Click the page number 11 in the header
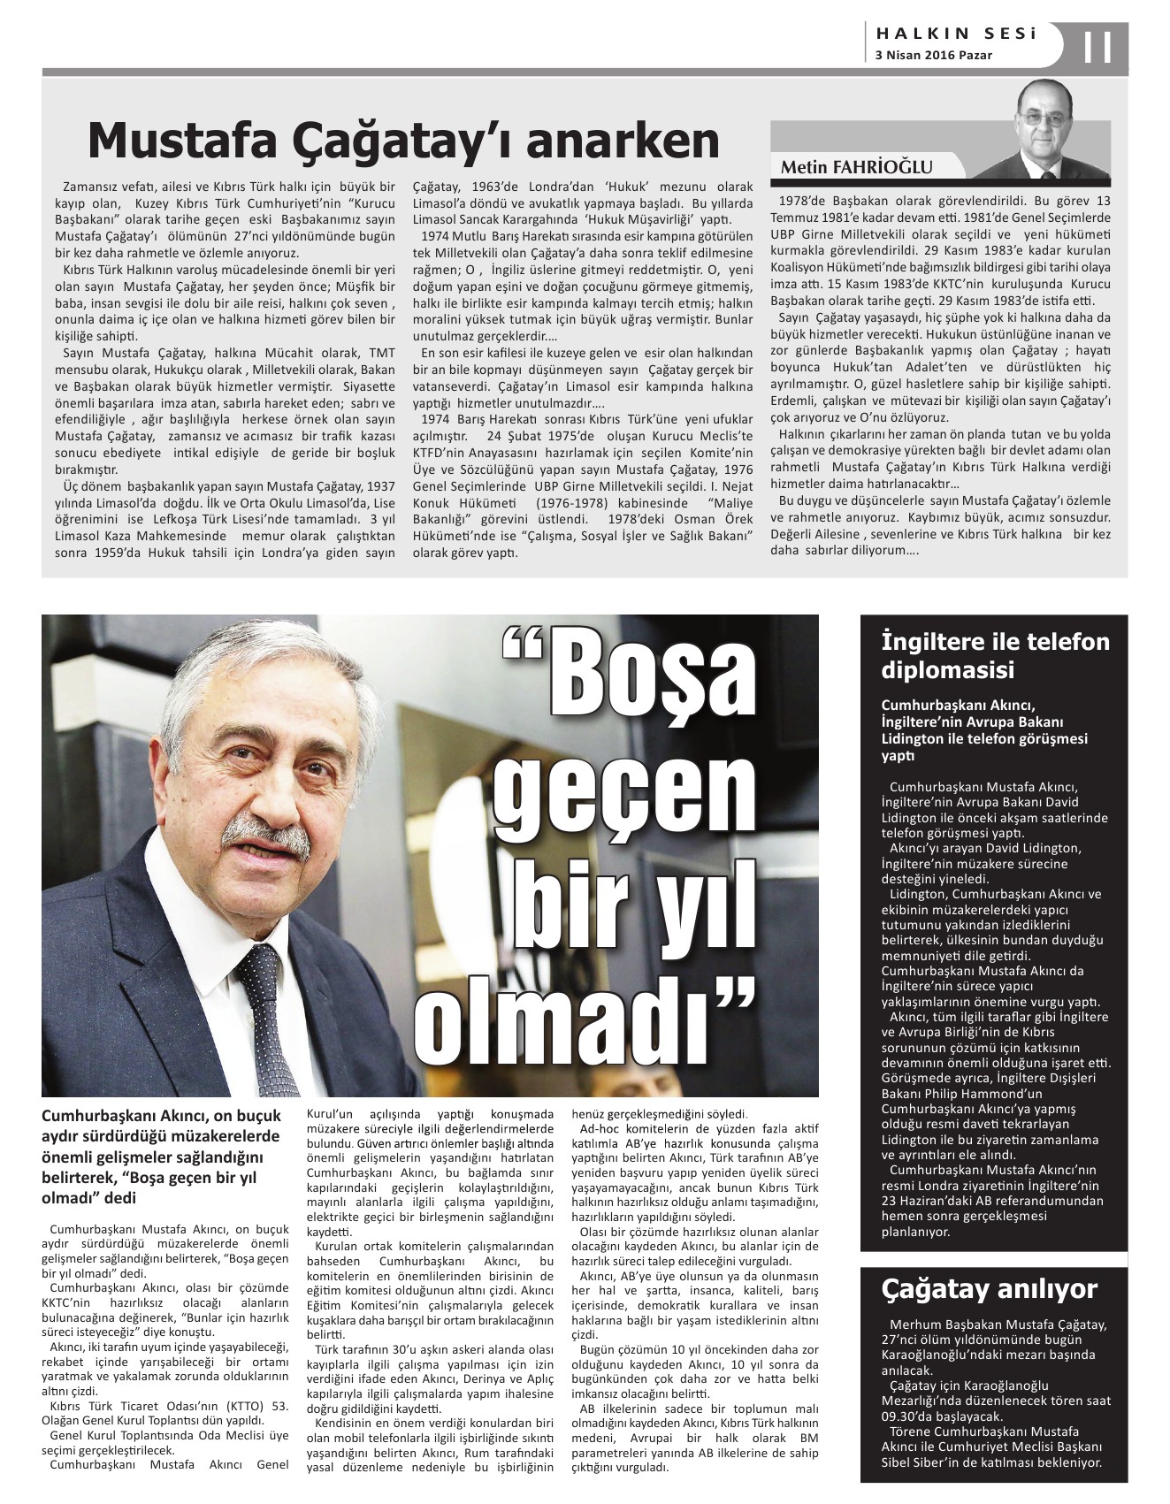pyautogui.click(x=1097, y=46)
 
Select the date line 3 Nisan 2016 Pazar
pyautogui.click(x=933, y=55)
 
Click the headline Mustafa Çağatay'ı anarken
pyautogui.click(x=403, y=140)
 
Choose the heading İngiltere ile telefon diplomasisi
pyautogui.click(x=995, y=655)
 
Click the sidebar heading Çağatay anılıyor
pyautogui.click(x=989, y=1289)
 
